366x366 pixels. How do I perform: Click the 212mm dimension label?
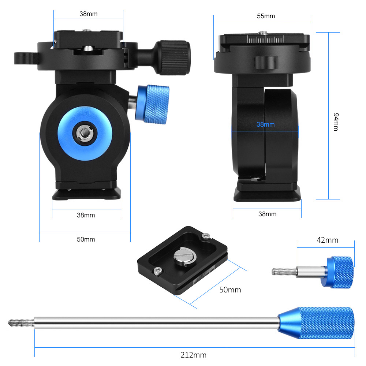pos(193,355)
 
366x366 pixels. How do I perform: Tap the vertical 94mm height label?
pos(335,122)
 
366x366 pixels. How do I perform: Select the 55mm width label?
pos(266,16)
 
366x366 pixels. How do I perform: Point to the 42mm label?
pos(327,240)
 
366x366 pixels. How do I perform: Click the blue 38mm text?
pos(265,124)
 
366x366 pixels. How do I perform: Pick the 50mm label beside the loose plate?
pos(230,290)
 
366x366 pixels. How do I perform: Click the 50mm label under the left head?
pos(86,239)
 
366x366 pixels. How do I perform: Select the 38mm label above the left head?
pos(88,14)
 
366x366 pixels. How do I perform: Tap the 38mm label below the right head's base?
pos(267,214)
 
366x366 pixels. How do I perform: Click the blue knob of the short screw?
pos(340,272)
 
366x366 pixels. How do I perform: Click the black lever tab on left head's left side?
pos(26,58)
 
